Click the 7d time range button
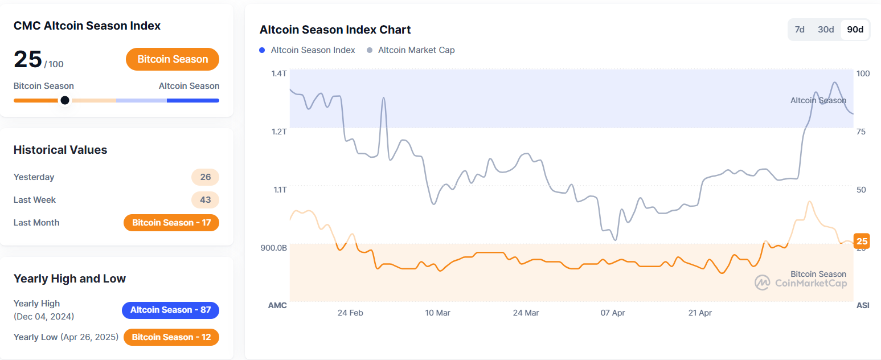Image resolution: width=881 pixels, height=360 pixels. point(800,30)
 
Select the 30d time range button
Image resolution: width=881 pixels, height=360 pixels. point(826,30)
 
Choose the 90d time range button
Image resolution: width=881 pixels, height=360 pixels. point(855,30)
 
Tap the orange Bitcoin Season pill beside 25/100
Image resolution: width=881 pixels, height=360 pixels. point(173,59)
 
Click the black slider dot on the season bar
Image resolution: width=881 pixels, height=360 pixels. point(65,100)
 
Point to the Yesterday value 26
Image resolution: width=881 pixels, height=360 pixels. point(205,177)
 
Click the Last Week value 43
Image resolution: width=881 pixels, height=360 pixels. point(205,200)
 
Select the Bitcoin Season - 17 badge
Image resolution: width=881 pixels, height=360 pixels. point(171,223)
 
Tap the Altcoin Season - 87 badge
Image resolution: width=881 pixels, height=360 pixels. point(170,310)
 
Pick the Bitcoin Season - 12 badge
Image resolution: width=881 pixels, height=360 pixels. point(171,337)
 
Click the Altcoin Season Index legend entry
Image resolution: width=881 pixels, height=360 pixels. point(308,50)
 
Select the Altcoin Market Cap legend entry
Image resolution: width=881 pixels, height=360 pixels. point(411,50)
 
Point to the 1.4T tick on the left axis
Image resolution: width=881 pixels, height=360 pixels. point(279,73)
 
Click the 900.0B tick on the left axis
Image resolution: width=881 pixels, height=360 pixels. point(273,248)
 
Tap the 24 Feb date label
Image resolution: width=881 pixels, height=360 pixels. point(350,313)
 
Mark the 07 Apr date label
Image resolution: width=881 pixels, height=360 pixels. point(613,313)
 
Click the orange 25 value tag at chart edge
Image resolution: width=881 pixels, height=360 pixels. point(862,241)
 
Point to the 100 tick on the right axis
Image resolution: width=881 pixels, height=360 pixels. point(863,73)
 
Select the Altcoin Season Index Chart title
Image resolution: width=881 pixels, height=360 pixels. point(335,30)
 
